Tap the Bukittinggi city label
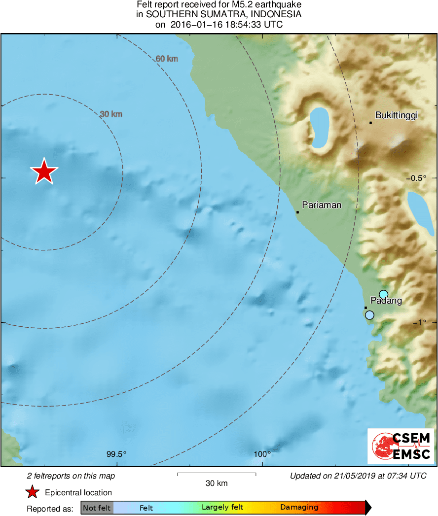[396, 115]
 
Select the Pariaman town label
[322, 205]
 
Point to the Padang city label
[386, 301]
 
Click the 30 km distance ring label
[111, 114]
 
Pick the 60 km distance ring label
[167, 59]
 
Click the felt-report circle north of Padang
[384, 294]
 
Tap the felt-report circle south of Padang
[369, 315]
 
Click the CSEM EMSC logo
[401, 446]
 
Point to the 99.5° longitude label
[117, 454]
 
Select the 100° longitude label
[263, 454]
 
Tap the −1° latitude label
[425, 322]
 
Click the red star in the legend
[33, 492]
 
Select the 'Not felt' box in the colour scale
[97, 508]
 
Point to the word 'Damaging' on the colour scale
[299, 507]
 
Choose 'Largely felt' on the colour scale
[222, 507]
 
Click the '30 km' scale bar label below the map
[216, 483]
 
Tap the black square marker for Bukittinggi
[371, 122]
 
